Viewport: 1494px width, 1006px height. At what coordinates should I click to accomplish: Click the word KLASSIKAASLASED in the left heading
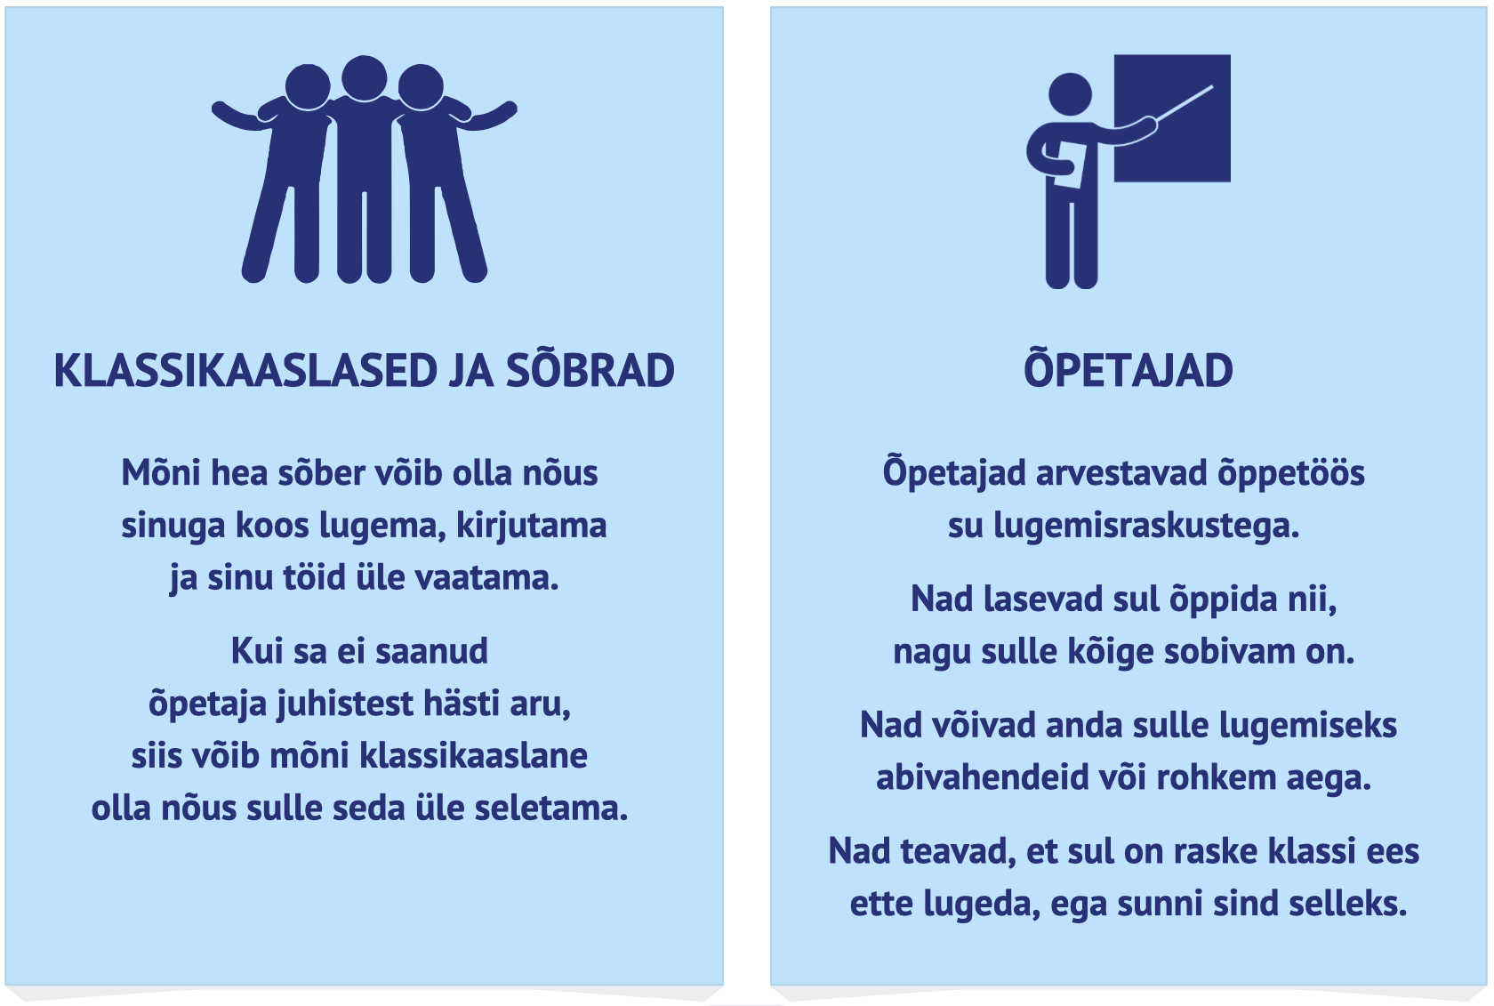[245, 371]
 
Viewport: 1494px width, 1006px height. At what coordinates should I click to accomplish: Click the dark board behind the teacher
[1172, 118]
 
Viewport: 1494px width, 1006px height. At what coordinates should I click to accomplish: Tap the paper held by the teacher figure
[1069, 165]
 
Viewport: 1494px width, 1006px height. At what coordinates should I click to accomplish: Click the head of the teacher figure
[1070, 94]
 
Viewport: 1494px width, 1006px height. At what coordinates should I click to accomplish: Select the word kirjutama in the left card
[532, 527]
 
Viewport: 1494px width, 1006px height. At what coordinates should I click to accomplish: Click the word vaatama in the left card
[487, 578]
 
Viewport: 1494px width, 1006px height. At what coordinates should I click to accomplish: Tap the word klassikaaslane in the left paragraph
[473, 756]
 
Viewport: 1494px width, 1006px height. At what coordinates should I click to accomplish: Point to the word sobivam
[1229, 652]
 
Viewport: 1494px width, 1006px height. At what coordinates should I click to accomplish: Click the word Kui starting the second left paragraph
[257, 651]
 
